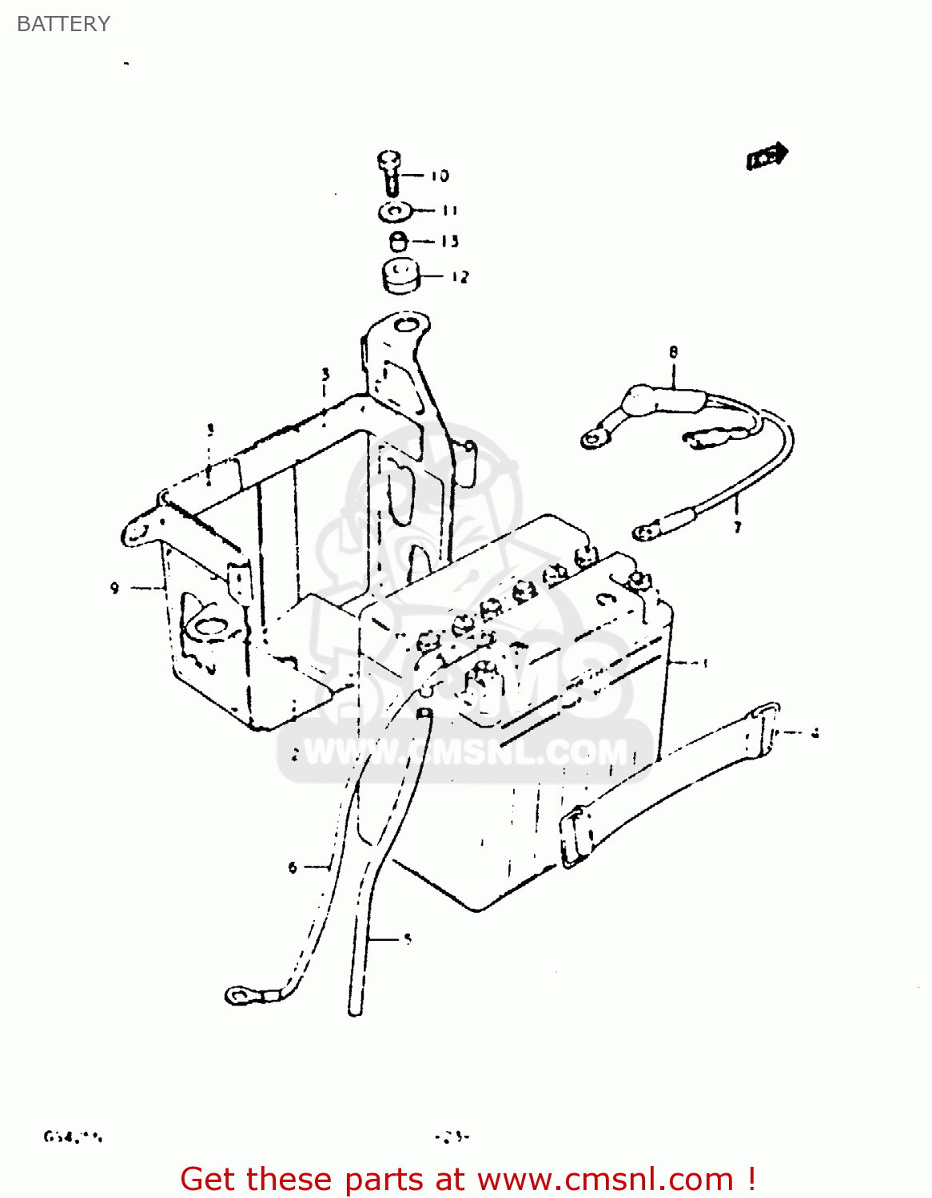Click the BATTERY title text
63,24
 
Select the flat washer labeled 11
393,212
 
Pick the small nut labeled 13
398,240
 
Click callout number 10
440,176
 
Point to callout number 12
460,277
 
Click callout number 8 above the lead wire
673,351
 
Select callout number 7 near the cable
737,527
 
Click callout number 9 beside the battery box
114,588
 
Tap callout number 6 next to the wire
293,867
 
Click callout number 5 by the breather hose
407,938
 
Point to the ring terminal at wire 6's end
240,995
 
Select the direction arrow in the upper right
767,156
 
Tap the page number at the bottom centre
452,1137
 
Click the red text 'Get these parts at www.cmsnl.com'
468,1179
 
